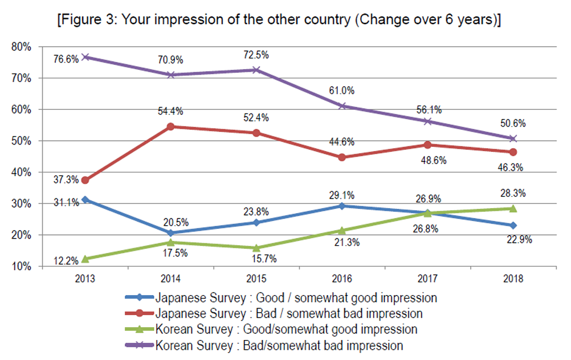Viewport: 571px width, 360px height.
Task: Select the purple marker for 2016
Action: click(342, 106)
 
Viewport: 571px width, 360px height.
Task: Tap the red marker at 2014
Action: click(171, 126)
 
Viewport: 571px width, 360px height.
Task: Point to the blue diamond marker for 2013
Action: click(84, 199)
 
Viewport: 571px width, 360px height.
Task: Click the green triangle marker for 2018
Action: click(513, 208)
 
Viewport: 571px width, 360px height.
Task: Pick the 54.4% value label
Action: click(171, 111)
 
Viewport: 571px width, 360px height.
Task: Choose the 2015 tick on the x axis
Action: click(256, 279)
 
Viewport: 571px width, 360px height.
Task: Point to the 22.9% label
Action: click(518, 239)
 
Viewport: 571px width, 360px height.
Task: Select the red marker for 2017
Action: click(428, 144)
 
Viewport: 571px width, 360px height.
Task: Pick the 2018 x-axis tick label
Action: click(513, 279)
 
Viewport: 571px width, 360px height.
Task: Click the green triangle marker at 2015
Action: click(256, 247)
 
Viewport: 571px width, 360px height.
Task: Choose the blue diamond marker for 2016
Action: click(342, 206)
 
